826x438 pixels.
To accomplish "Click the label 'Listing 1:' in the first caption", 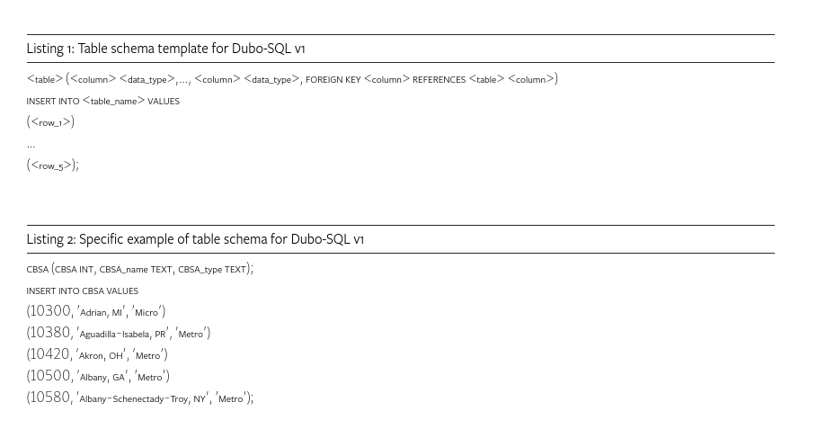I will point(50,49).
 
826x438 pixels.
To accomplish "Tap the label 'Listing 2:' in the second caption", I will point(51,239).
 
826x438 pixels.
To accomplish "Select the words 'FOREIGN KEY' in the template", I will point(333,80).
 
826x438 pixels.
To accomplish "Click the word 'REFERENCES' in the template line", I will point(439,80).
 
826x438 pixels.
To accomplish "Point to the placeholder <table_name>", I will point(114,102).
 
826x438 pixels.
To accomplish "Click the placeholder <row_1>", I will point(50,122).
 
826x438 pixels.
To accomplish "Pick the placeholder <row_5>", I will point(51,165).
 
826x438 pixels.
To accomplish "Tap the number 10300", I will point(50,311).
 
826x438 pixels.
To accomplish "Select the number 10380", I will point(50,333).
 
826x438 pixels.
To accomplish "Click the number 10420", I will point(50,354).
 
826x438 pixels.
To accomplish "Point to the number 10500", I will point(50,376).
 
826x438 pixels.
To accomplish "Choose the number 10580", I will point(50,398).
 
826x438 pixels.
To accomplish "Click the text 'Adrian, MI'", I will point(101,313).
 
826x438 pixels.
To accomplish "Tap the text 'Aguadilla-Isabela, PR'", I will point(123,335).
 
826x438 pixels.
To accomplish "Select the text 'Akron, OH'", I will point(101,356).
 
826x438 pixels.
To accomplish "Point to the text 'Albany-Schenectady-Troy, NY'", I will point(142,399).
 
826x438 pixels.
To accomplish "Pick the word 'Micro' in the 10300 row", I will point(146,313).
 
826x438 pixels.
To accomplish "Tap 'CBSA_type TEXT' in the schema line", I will point(211,270).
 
